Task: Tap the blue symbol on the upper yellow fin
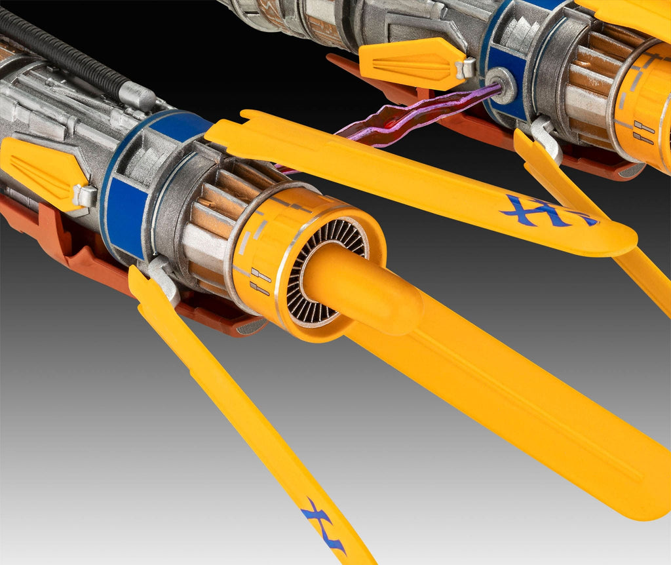point(548,211)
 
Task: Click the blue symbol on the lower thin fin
point(324,524)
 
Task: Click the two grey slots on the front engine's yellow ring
point(259,282)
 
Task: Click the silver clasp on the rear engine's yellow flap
point(466,68)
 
